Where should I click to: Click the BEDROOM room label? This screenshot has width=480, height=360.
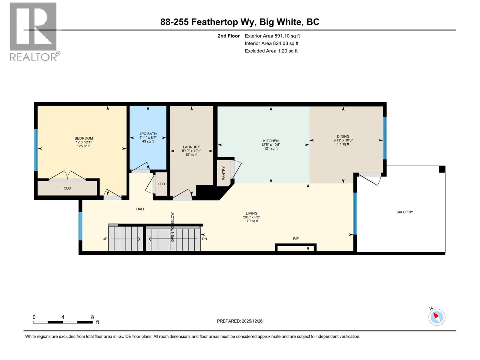[84, 138]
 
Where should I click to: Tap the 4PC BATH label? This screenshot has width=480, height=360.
[148, 134]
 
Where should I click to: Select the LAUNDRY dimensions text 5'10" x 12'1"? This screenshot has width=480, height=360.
[191, 151]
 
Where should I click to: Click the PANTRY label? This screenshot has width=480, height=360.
[223, 173]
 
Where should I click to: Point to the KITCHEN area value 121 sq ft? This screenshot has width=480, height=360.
[271, 148]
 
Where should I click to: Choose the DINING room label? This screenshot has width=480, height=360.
[343, 136]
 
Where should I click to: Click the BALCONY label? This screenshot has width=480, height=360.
[405, 212]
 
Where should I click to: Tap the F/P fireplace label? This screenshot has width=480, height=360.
[296, 238]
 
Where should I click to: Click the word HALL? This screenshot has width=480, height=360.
[140, 209]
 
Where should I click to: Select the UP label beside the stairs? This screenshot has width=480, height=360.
[105, 239]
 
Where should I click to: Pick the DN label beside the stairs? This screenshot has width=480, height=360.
[205, 239]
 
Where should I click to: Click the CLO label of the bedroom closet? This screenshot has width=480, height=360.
[67, 188]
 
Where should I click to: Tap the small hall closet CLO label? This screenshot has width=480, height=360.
[161, 184]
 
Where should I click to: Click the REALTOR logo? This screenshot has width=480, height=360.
[34, 31]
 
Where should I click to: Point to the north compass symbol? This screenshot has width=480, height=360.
[436, 317]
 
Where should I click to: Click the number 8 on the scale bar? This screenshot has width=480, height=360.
[92, 317]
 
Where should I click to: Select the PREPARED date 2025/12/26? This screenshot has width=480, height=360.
[252, 321]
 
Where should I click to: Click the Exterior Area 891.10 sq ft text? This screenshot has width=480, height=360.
[272, 36]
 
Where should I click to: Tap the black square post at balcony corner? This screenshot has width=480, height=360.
[442, 169]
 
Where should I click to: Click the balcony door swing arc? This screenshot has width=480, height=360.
[370, 180]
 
